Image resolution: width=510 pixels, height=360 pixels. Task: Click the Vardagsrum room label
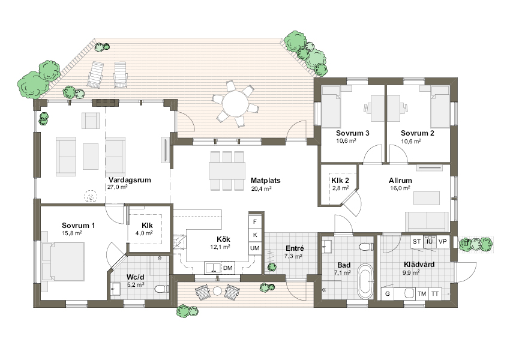click(130, 180)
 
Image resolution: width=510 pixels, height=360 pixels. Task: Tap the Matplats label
click(265, 181)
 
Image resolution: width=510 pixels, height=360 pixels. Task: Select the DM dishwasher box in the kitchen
click(227, 268)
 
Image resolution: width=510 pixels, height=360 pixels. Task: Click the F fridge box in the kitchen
click(255, 222)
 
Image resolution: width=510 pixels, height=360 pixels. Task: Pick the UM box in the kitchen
click(255, 248)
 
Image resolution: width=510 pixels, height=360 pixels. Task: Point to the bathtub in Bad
click(365, 280)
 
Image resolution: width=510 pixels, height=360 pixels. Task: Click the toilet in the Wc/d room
click(161, 289)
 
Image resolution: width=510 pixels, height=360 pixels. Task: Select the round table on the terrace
click(235, 103)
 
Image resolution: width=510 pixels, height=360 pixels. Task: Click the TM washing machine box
click(422, 293)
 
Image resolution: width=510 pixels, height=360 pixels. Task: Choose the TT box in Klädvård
click(435, 293)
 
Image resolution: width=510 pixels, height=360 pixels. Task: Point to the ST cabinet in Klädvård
click(416, 242)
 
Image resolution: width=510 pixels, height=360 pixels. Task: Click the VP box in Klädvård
click(442, 242)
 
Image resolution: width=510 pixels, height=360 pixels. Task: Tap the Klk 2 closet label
click(340, 181)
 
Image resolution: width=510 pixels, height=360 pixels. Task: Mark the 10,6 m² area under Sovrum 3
click(346, 141)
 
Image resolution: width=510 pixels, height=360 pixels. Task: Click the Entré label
click(295, 248)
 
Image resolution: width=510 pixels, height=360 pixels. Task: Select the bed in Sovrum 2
click(440, 106)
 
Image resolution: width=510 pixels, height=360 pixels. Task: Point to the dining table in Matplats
click(227, 171)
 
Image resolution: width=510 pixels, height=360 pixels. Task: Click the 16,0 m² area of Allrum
click(400, 188)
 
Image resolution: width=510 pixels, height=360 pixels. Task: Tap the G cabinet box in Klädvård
click(388, 293)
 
